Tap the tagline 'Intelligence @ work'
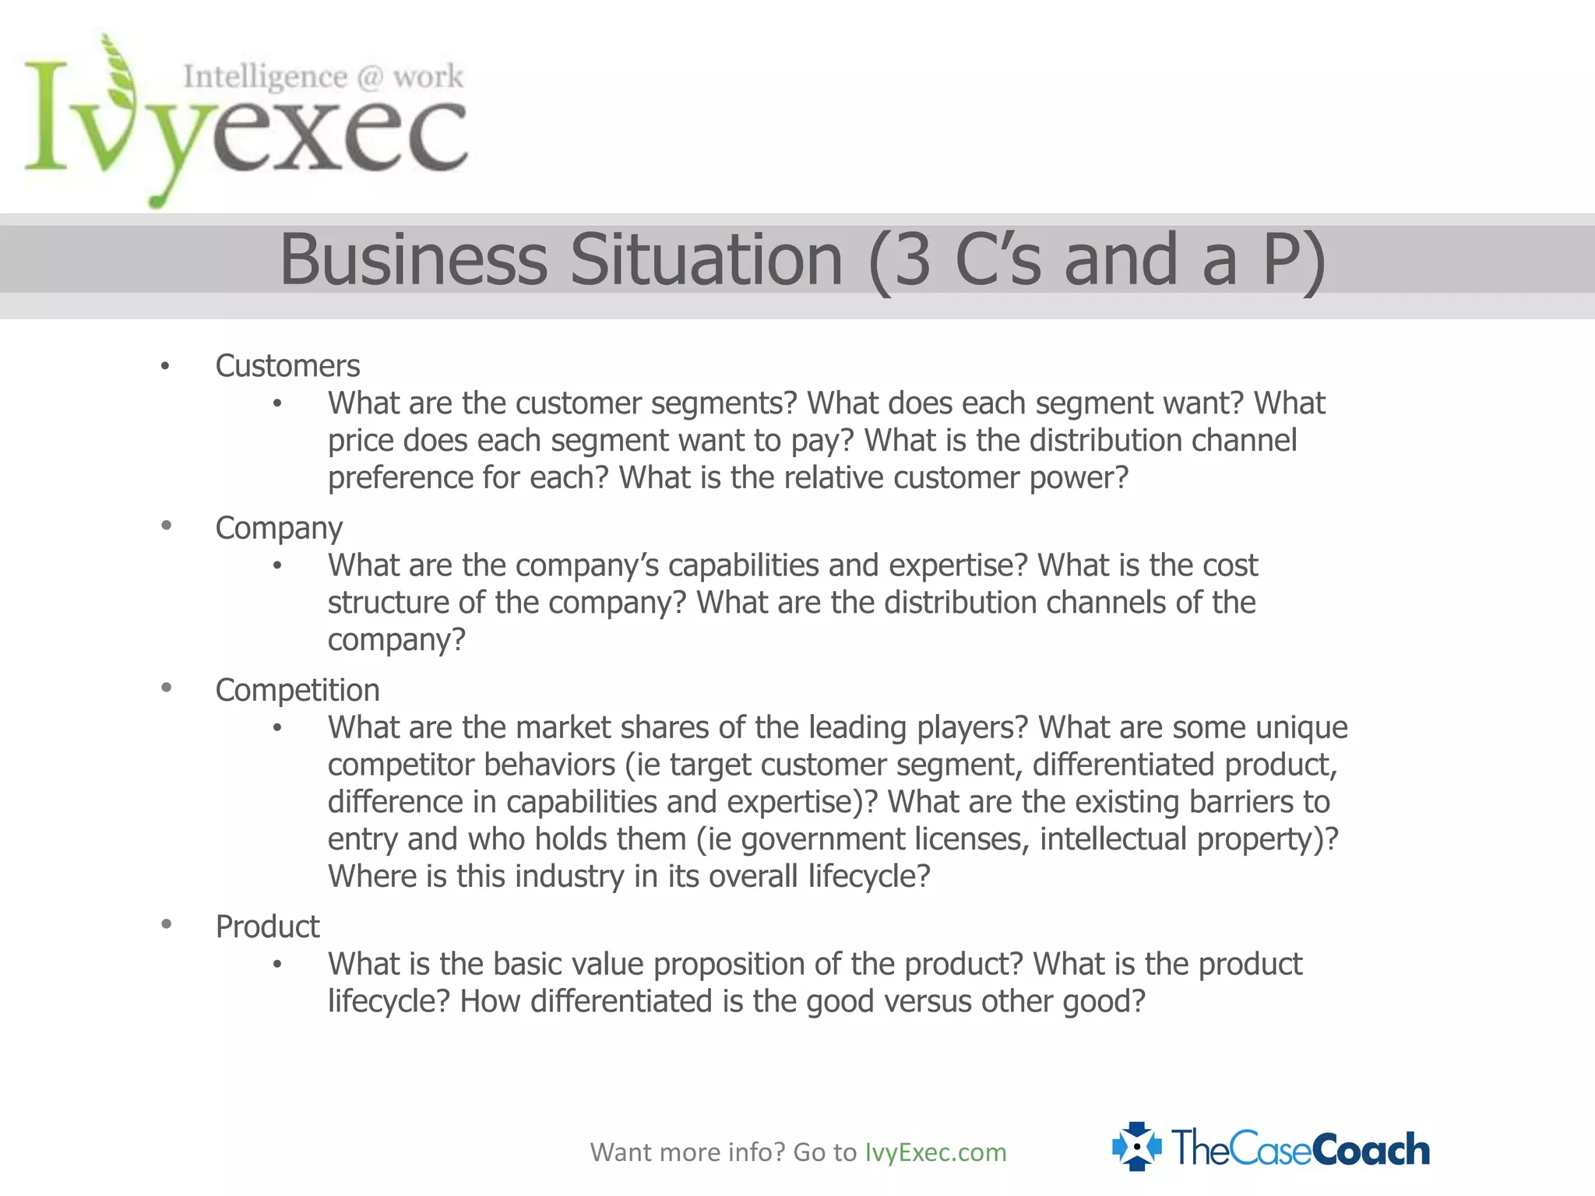(x=323, y=76)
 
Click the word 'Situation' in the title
(x=706, y=259)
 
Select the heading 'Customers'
(x=287, y=366)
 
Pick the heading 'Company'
(x=279, y=528)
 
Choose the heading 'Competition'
(x=298, y=690)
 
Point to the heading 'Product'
(x=267, y=927)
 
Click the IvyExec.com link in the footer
(x=935, y=1152)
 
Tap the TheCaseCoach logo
(x=1271, y=1148)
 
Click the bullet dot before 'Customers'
(x=165, y=366)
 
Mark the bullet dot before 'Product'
(x=166, y=924)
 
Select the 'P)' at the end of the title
(x=1293, y=259)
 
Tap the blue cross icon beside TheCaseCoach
(x=1136, y=1147)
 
